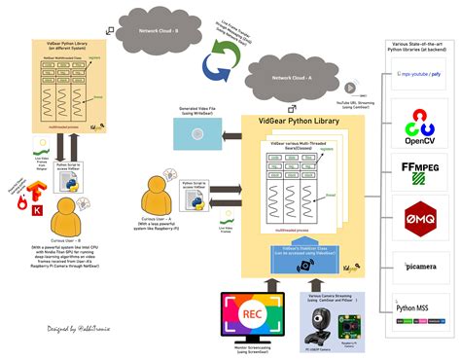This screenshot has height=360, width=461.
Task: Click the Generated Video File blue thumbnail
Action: click(201, 126)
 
